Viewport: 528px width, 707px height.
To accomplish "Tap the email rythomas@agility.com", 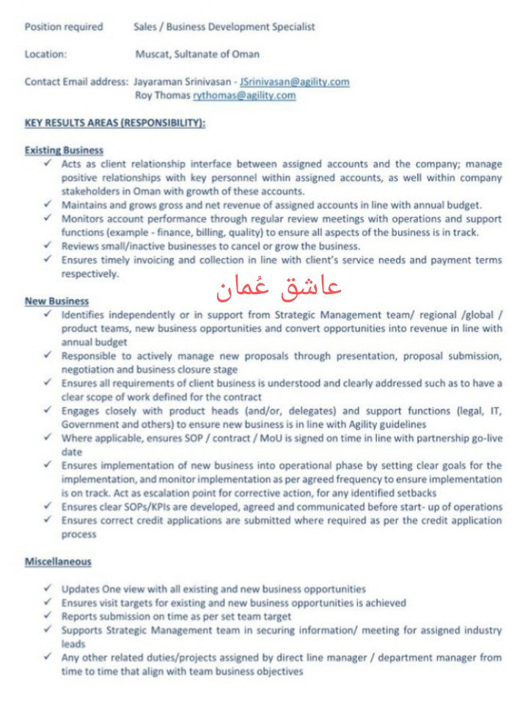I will pyautogui.click(x=244, y=95).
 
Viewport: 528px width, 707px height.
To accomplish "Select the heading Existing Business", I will pyautogui.click(x=65, y=150).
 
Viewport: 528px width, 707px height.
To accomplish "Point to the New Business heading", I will pyautogui.click(x=57, y=301).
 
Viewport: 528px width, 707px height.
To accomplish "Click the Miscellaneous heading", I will pyautogui.click(x=59, y=562).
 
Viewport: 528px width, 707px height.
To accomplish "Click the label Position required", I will pyautogui.click(x=64, y=27).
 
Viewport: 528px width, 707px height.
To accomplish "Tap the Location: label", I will pyautogui.click(x=45, y=54).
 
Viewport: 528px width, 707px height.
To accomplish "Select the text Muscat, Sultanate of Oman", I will pyautogui.click(x=197, y=54).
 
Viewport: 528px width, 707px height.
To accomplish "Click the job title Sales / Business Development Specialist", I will pyautogui.click(x=224, y=27).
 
